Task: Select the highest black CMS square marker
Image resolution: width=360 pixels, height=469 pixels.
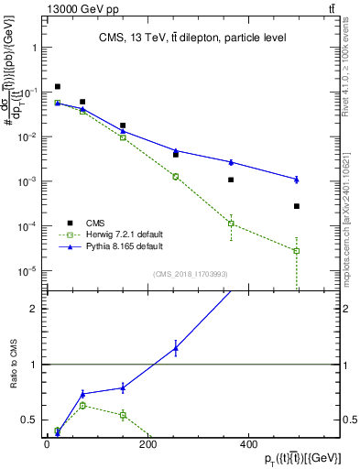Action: click(58, 87)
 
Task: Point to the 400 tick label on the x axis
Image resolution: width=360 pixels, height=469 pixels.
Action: click(246, 444)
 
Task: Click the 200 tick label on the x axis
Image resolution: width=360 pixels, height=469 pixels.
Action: click(147, 444)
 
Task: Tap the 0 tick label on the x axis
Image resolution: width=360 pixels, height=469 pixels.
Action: click(47, 444)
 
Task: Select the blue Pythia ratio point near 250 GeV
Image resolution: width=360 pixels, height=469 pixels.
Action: click(176, 348)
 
